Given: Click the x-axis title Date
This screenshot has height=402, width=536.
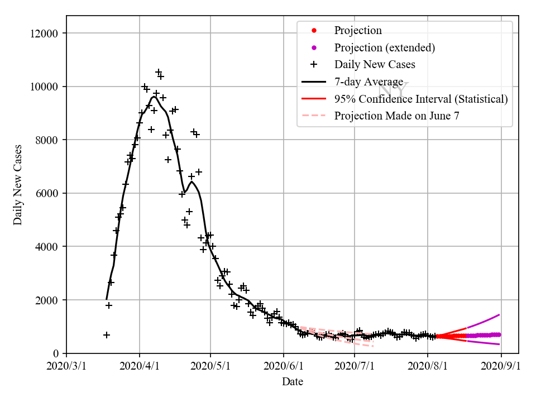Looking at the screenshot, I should [293, 382].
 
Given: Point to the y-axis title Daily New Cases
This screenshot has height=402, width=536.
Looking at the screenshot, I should [18, 185].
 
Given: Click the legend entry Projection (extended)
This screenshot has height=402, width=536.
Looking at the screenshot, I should [384, 47].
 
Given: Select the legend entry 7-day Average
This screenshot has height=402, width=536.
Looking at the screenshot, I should [368, 82].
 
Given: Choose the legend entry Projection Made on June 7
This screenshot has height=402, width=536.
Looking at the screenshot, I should [398, 116].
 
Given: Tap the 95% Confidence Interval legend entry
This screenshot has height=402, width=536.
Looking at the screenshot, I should [421, 99].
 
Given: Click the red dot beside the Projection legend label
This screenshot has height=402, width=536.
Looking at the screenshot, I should [314, 30].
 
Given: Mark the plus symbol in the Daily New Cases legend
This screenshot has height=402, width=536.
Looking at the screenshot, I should [314, 65].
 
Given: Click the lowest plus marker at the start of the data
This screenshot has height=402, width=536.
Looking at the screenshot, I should [107, 335].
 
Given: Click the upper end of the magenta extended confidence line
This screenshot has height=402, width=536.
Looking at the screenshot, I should [499, 315].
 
